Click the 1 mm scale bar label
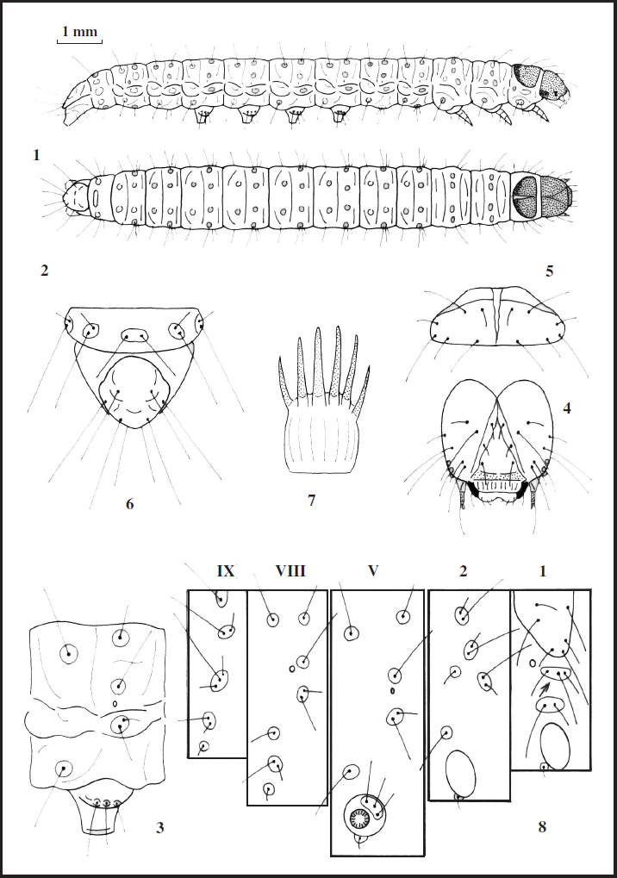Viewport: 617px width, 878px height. pos(79,32)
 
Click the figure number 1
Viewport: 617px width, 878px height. pos(36,156)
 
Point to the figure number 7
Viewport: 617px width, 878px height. pos(311,499)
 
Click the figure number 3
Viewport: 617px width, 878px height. pos(159,828)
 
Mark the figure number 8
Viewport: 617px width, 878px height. pos(541,827)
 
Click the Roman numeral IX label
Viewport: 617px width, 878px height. pos(227,570)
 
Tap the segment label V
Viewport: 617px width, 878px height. pos(372,570)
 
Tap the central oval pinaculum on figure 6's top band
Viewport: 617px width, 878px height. pos(134,335)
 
